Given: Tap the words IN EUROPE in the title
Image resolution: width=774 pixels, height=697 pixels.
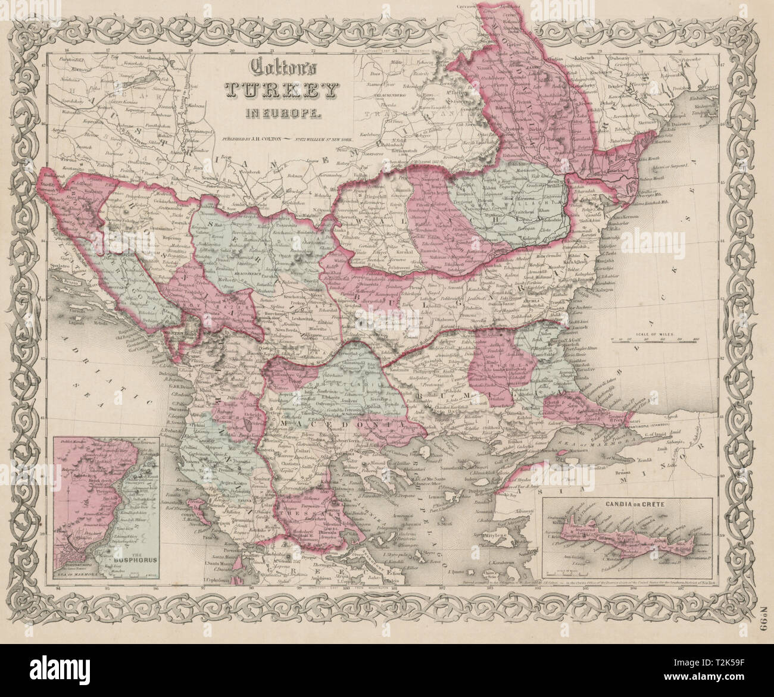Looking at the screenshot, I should click(280, 111).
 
